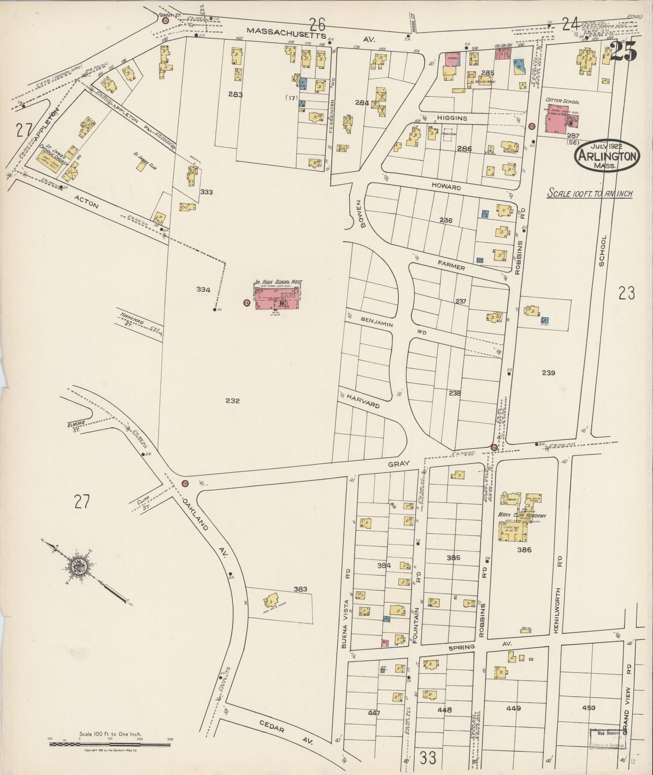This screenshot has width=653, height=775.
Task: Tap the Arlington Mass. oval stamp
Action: [606, 157]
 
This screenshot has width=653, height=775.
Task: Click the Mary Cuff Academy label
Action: [522, 515]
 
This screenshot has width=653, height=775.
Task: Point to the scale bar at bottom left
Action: [111, 742]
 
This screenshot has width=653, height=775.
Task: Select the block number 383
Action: [300, 589]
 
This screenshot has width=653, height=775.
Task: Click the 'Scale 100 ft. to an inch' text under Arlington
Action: [590, 194]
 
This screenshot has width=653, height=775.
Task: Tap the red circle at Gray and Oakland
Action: [185, 483]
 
